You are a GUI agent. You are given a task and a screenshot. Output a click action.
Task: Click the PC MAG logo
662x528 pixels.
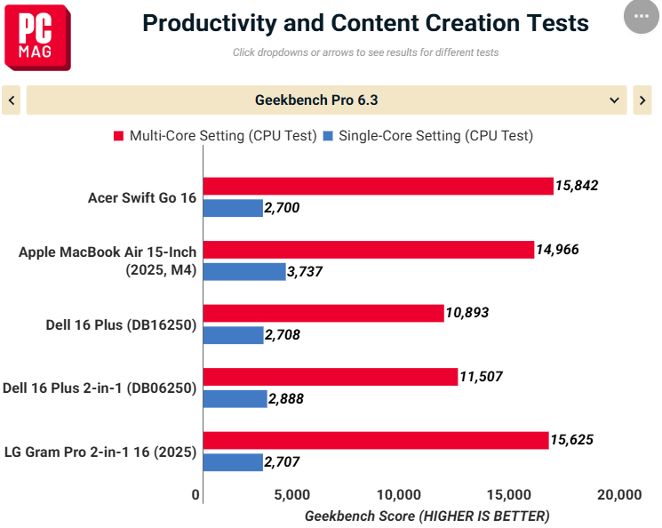(37, 37)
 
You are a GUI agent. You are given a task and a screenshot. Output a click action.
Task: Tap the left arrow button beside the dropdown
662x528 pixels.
(12, 100)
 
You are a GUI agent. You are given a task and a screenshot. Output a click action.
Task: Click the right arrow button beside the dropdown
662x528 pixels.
(642, 100)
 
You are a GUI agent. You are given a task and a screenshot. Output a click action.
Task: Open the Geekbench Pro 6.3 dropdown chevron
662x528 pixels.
(614, 100)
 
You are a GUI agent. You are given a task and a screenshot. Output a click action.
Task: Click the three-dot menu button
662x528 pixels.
(642, 17)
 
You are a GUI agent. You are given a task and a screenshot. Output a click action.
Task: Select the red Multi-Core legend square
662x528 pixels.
(119, 136)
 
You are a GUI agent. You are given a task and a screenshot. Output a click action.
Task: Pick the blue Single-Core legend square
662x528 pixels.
(328, 136)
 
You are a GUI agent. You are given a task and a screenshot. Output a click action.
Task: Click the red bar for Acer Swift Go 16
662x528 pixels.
(379, 187)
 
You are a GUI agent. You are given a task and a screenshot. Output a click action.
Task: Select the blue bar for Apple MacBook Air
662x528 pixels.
(244, 272)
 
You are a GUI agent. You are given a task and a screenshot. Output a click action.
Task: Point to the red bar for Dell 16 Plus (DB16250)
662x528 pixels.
(323, 314)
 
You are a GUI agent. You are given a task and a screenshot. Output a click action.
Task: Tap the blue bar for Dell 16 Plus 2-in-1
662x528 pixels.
(235, 399)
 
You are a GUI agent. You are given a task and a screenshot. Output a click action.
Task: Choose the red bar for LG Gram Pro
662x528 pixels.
(376, 441)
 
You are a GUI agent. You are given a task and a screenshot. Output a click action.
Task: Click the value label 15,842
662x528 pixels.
(577, 186)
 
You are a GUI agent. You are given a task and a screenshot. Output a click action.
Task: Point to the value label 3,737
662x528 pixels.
(305, 272)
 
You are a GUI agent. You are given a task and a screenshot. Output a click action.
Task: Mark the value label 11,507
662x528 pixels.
(481, 376)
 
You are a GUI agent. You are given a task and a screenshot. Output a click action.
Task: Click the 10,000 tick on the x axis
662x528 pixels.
(399, 494)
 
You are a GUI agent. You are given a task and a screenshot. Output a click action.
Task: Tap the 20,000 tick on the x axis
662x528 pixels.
(619, 494)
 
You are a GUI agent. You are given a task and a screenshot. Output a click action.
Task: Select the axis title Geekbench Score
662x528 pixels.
(360, 516)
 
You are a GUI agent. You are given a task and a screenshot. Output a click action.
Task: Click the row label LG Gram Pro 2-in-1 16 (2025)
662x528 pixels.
(100, 452)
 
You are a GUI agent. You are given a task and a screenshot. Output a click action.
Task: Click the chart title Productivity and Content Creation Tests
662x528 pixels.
(365, 23)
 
